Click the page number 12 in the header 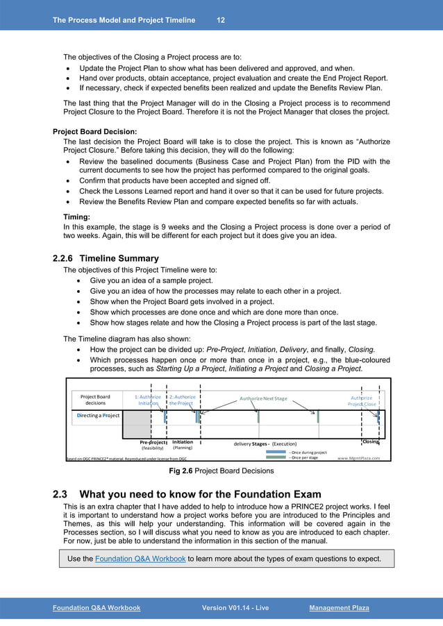coord(220,20)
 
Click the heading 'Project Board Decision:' coord(94,131)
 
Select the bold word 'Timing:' coord(80,217)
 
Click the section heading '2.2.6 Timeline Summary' coord(106,258)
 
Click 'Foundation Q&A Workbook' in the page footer coord(97,608)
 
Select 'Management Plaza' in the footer coord(339,608)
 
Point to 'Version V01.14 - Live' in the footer coord(235,608)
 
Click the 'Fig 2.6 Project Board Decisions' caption coord(221,471)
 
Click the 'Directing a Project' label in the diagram coord(98,415)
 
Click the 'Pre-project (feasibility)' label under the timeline coord(153,445)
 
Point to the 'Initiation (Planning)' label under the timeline coord(183,445)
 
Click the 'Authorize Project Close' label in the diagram coord(362,400)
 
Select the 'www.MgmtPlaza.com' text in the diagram coord(358,458)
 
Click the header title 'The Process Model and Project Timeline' coord(124,20)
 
